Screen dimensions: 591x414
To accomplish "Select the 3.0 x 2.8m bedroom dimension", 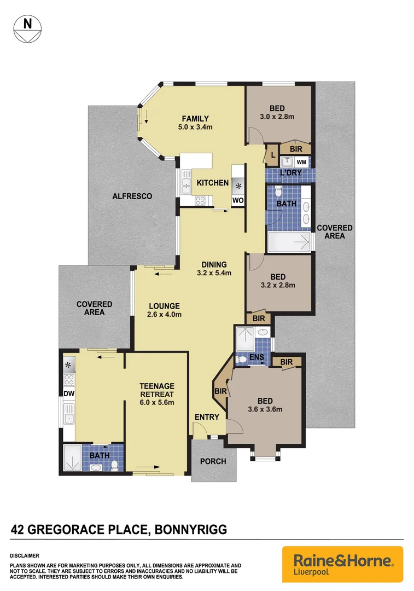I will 277,117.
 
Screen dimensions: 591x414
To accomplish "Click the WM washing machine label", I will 301,162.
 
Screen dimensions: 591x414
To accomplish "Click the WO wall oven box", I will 237,200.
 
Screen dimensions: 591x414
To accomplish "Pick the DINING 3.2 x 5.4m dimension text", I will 214,273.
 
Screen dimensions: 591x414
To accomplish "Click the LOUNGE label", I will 163,306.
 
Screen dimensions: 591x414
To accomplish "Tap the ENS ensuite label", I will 257,358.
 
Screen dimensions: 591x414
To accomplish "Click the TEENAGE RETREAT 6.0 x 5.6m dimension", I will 156,402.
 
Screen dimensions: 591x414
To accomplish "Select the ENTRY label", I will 207,417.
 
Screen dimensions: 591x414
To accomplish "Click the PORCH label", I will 213,461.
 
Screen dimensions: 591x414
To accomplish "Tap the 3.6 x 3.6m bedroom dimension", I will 265,409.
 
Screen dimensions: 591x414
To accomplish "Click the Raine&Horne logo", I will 342,564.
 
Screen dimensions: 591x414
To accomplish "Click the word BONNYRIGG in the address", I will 191,530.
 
